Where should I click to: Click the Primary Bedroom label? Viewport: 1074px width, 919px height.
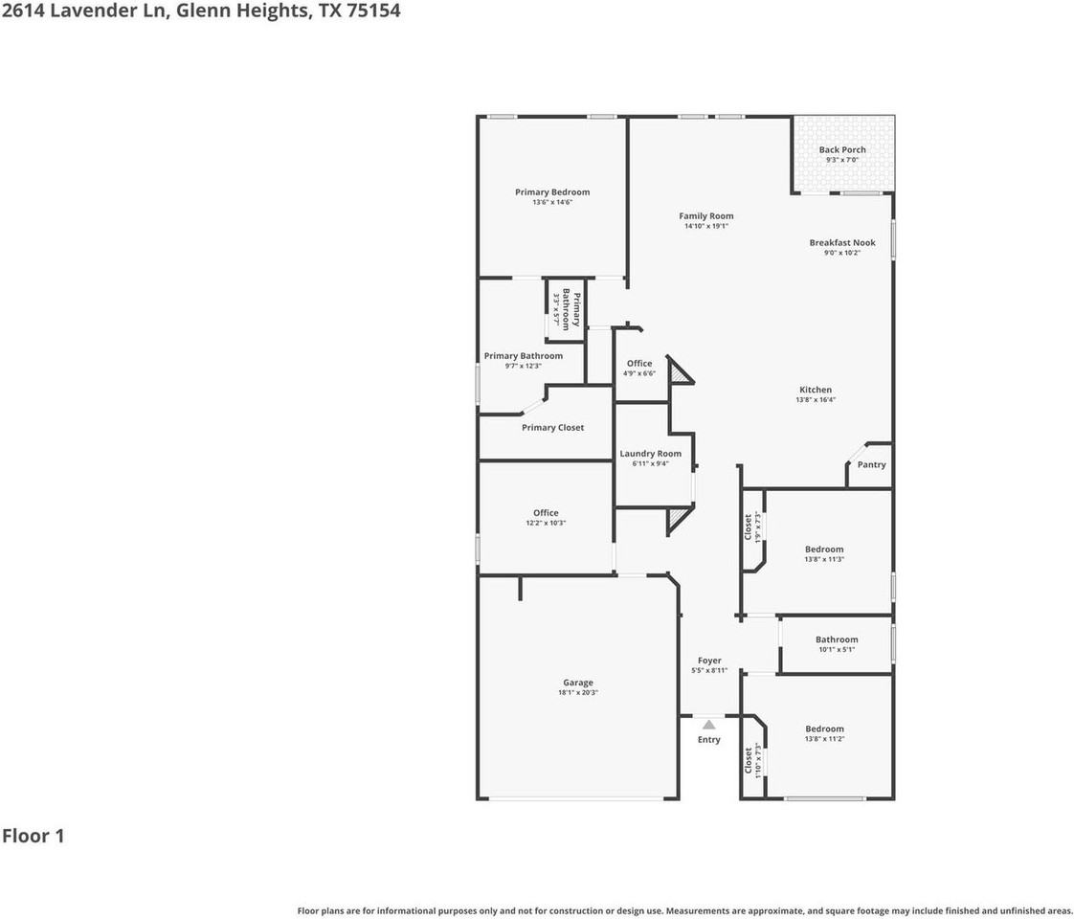552,192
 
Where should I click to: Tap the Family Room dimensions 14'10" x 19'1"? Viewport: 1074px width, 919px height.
706,227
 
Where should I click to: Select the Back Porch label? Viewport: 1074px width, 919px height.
842,150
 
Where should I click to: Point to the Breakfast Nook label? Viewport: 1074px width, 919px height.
842,243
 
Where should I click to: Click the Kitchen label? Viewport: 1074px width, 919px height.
816,390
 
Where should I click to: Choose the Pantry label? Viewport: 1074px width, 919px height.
872,465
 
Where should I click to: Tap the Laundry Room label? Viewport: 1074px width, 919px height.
650,454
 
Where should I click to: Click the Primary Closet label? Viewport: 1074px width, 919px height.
552,428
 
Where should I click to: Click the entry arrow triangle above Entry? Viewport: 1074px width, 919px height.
708,725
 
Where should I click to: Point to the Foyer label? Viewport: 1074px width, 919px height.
709,661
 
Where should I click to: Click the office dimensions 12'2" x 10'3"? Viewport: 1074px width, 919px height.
546,524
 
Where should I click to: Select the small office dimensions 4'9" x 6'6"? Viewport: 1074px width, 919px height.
639,373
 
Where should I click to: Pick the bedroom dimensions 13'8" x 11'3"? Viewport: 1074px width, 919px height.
824,559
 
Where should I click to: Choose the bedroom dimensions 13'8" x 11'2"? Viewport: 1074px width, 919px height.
824,739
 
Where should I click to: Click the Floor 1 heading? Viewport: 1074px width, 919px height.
34,836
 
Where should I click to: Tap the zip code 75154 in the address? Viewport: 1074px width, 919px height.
371,11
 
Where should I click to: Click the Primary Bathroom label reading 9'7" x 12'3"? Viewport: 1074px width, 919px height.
524,356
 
